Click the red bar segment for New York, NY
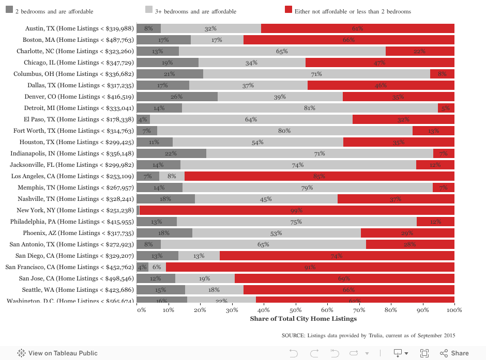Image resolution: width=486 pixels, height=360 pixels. (297, 210)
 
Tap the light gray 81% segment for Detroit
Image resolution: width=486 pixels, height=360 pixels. (310, 108)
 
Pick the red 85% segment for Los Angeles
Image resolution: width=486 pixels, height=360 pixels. (319, 176)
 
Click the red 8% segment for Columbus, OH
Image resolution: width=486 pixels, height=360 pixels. (442, 74)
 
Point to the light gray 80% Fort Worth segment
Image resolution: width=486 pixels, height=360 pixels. (284, 131)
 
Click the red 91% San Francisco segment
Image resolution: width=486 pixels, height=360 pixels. (310, 267)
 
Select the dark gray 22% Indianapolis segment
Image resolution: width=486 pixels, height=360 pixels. (171, 153)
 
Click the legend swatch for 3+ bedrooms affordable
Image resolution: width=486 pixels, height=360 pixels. (149, 10)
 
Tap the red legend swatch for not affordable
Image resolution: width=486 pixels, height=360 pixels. (288, 10)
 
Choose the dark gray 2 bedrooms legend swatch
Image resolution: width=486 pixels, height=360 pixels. (9, 10)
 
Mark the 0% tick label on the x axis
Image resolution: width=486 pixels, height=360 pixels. (141, 310)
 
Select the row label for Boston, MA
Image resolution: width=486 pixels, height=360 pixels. (78, 40)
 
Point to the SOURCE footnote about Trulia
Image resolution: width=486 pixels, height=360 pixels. (368, 336)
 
